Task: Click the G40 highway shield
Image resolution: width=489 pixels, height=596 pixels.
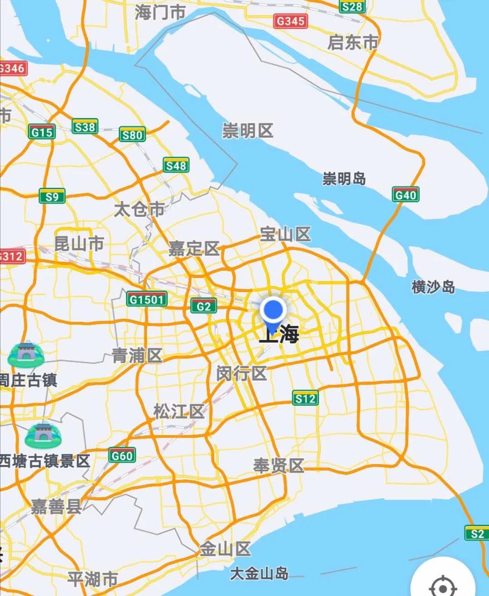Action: (405, 194)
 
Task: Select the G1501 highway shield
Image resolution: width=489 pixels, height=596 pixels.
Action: (146, 299)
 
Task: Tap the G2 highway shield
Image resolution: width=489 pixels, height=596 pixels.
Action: (203, 306)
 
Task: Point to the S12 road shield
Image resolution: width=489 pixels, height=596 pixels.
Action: (305, 398)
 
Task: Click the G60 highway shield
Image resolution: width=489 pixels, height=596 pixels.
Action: (122, 455)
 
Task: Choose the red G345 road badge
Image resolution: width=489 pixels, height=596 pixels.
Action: (290, 21)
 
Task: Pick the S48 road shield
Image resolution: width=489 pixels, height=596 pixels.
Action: (176, 165)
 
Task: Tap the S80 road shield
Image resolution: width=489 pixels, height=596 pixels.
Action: (132, 135)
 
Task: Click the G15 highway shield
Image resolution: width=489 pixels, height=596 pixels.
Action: (42, 132)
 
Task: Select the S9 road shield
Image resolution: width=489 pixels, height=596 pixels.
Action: (52, 196)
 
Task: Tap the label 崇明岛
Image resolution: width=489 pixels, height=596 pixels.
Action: (344, 178)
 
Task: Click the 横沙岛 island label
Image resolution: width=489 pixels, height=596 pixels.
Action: (433, 287)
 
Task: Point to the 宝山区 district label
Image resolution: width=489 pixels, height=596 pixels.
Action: (285, 234)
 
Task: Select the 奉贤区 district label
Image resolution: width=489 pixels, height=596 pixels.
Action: (278, 465)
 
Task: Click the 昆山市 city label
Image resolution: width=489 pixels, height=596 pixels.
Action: (79, 244)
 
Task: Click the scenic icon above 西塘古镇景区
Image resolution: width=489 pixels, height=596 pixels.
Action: (43, 435)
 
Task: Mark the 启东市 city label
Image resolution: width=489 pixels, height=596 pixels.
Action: (352, 43)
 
